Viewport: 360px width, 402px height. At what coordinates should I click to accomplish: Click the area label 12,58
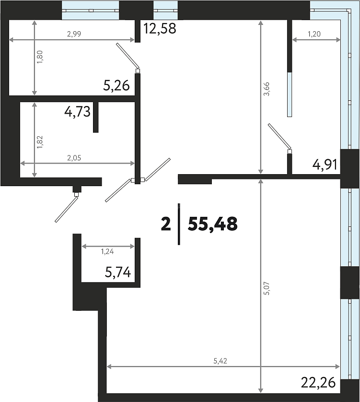(x=160, y=28)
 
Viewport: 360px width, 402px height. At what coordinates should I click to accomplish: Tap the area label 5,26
(x=116, y=86)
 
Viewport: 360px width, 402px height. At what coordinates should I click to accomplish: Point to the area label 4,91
(x=325, y=165)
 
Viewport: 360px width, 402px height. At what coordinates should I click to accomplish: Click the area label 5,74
(x=118, y=272)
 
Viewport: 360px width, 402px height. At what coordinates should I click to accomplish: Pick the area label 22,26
(x=318, y=383)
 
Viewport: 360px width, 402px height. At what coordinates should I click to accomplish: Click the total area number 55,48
(x=213, y=224)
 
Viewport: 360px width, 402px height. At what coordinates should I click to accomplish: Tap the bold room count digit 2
(x=166, y=224)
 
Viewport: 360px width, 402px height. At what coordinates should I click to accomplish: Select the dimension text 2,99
(x=74, y=34)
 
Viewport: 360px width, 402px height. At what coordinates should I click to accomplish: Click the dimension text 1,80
(x=40, y=57)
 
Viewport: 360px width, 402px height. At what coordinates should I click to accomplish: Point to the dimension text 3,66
(x=267, y=89)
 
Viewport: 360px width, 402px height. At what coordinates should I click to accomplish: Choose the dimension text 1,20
(x=314, y=34)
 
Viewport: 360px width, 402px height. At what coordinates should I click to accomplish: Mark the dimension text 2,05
(x=74, y=158)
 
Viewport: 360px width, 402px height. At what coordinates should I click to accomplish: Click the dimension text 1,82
(x=40, y=142)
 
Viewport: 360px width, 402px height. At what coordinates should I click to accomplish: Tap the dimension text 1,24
(x=107, y=252)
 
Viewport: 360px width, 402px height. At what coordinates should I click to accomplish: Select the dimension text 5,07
(x=267, y=288)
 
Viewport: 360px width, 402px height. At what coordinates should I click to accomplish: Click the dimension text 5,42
(x=221, y=361)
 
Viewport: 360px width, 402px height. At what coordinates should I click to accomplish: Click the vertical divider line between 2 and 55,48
(x=179, y=224)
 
